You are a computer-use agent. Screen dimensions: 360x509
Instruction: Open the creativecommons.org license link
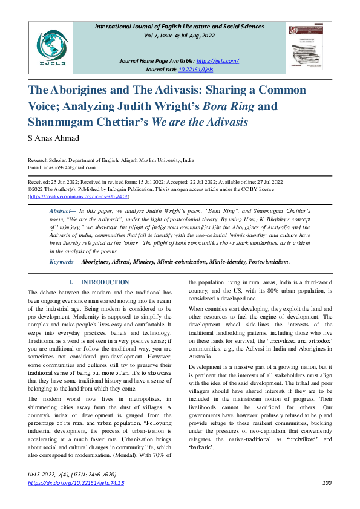click(79, 196)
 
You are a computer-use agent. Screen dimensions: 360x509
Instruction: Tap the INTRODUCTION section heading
click(105, 282)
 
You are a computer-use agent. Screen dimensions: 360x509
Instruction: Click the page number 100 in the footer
click(327, 482)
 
